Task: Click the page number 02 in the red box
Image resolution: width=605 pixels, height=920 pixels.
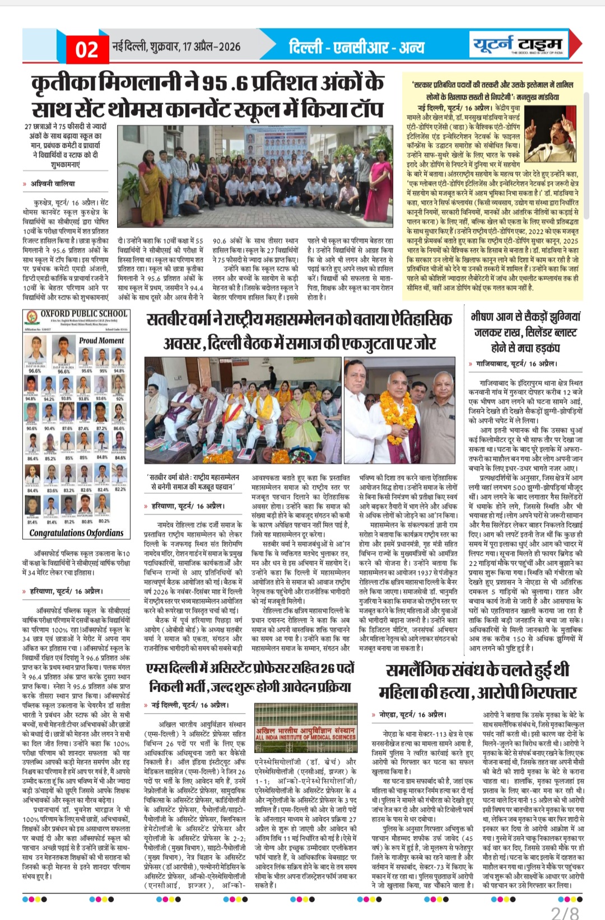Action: pyautogui.click(x=87, y=49)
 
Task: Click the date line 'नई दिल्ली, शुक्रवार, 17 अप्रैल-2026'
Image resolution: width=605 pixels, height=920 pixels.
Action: pyautogui.click(x=176, y=47)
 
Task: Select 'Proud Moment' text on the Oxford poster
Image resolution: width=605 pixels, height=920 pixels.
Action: pyautogui.click(x=101, y=340)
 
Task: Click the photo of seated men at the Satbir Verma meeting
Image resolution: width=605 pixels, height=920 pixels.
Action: pyautogui.click(x=242, y=412)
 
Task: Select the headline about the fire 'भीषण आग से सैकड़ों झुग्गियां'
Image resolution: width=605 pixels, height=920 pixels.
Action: pyautogui.click(x=525, y=317)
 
